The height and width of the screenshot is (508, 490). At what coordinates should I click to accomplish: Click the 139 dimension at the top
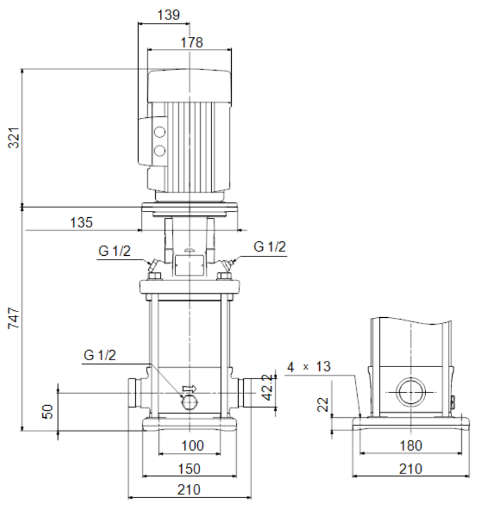(169, 15)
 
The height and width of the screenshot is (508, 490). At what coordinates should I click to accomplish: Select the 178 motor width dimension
(192, 43)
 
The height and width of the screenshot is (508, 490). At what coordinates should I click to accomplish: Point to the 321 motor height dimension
(14, 138)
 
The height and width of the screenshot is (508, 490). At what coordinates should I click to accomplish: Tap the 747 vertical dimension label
(14, 318)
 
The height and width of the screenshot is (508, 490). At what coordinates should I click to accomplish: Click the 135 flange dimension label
(82, 222)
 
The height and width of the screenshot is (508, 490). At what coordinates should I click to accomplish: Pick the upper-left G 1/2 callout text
(114, 251)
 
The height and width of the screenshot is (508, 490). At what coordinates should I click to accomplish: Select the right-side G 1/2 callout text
(270, 247)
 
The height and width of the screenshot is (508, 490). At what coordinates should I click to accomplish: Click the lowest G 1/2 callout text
(100, 355)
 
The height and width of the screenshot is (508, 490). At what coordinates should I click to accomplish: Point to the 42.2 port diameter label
(267, 387)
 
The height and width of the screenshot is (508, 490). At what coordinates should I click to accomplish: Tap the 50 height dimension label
(48, 412)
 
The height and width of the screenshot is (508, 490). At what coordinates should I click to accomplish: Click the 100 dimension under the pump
(193, 446)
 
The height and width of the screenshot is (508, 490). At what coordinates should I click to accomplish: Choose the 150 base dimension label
(189, 469)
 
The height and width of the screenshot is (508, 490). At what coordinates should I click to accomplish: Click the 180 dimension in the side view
(411, 446)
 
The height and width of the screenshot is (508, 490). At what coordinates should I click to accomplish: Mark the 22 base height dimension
(323, 405)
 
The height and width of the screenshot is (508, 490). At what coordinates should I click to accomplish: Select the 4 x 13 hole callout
(309, 367)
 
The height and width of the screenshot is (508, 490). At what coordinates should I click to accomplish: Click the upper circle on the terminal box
(159, 132)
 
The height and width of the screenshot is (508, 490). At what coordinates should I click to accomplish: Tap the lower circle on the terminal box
(159, 151)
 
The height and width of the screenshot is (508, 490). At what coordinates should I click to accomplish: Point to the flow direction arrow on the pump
(190, 388)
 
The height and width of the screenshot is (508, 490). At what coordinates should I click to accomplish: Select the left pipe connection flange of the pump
(132, 392)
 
